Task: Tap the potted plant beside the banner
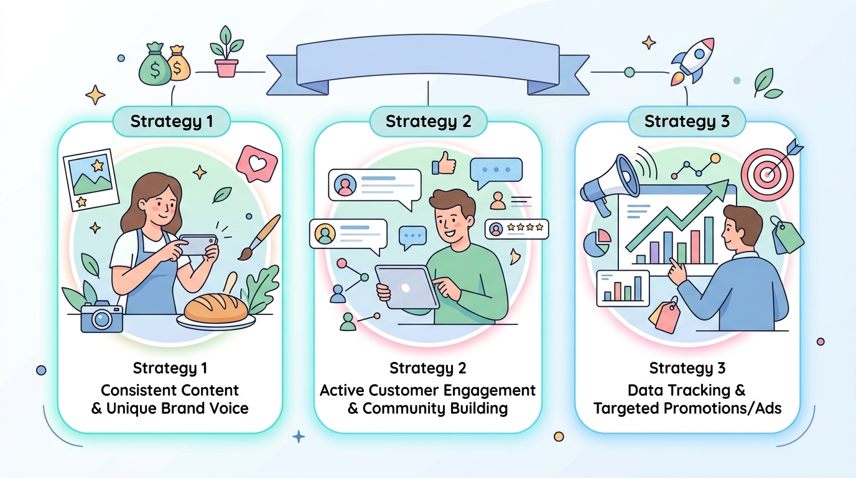226,52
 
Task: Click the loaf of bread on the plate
216,308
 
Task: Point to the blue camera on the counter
101,317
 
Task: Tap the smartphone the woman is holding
198,245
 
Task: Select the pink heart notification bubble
257,164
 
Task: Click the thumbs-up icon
444,164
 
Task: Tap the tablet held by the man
407,287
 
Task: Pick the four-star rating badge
517,229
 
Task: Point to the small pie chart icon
597,243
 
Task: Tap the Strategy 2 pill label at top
429,121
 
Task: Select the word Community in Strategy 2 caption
404,408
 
